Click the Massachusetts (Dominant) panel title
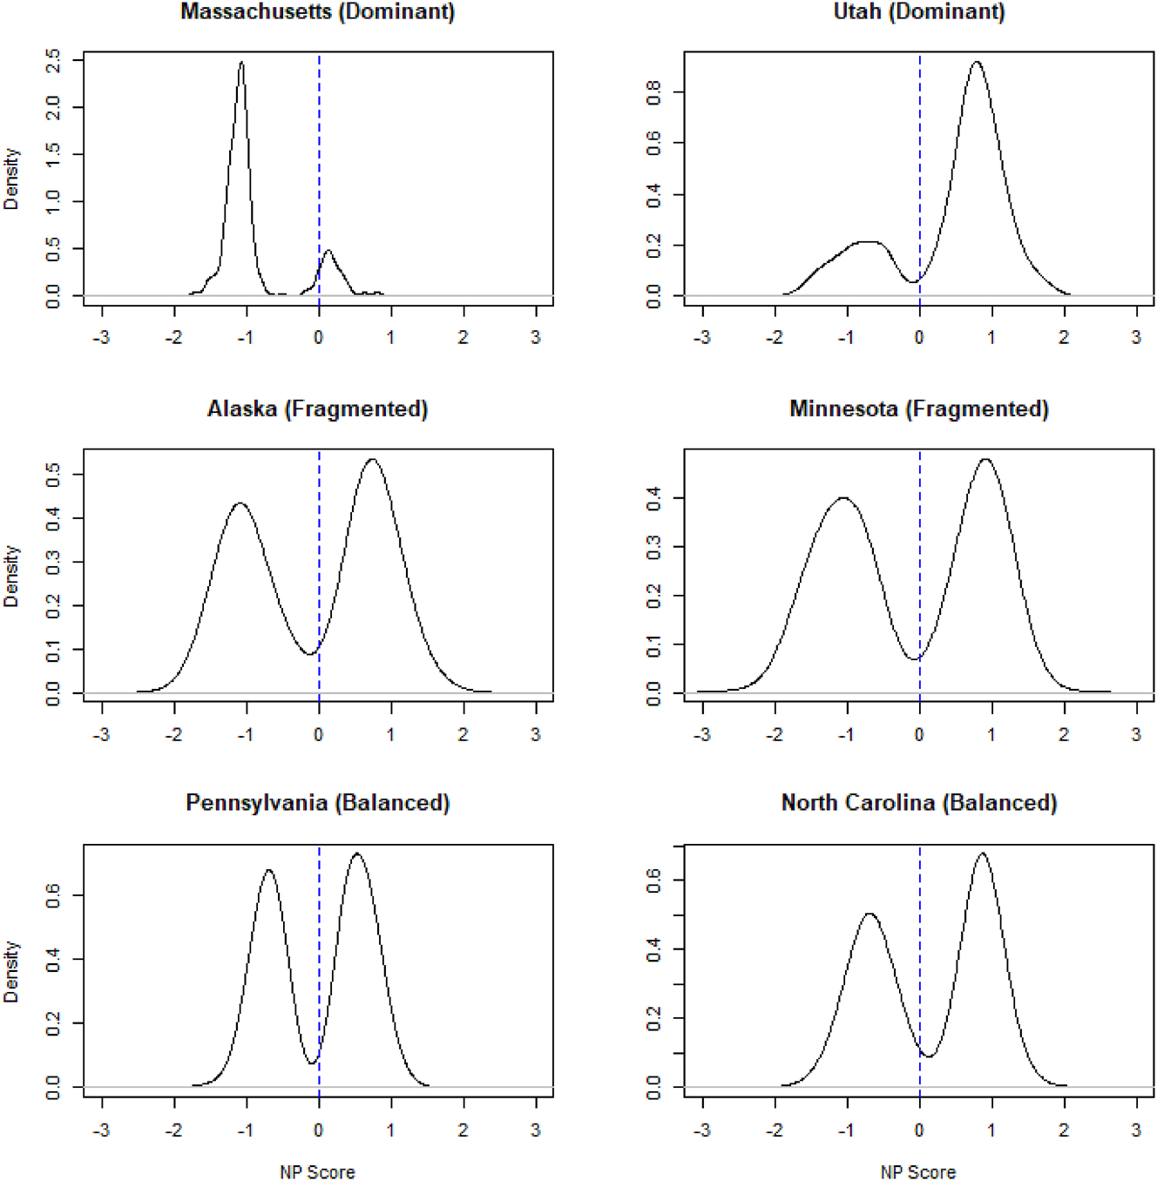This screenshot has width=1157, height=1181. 317,12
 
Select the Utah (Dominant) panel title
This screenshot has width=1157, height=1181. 919,12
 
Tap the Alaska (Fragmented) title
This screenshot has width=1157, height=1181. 317,409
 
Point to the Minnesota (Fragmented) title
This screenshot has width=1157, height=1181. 919,409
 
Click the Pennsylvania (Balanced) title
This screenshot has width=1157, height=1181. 317,803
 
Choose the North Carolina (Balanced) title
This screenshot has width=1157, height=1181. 919,803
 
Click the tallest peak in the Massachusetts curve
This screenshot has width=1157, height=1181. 242,63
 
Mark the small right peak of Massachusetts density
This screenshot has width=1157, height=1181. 328,252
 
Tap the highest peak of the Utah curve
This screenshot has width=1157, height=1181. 977,63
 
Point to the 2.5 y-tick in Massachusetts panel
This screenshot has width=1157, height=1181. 53,60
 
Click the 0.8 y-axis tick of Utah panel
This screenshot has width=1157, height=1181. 653,91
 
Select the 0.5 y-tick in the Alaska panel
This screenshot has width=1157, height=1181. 53,475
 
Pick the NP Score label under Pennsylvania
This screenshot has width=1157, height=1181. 317,1172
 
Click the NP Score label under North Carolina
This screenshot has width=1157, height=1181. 918,1172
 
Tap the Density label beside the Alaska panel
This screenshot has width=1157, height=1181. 11,576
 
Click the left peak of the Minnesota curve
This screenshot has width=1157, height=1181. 843,498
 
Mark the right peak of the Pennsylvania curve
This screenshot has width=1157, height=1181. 356,854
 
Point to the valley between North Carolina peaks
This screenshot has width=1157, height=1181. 929,1056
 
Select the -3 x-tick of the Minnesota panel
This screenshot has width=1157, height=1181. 702,734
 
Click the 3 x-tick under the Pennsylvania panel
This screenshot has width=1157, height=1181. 535,1130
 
